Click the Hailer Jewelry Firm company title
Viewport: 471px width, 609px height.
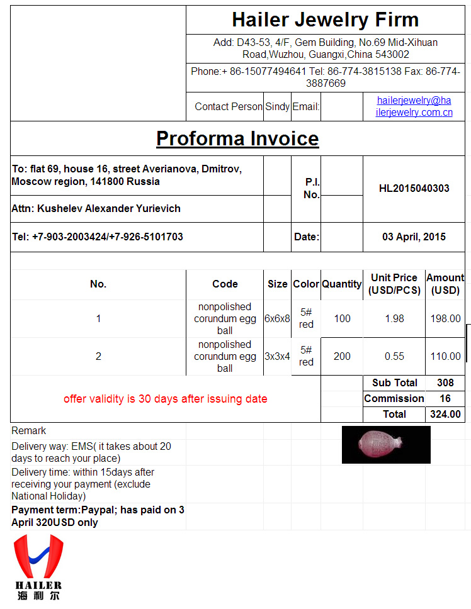coord(325,20)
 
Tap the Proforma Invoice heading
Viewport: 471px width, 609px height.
coord(237,138)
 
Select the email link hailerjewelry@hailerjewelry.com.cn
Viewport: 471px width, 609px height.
coord(414,106)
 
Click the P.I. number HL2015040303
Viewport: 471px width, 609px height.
coord(414,188)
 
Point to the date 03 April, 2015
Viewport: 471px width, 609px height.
coord(414,237)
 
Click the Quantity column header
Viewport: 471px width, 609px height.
coord(342,284)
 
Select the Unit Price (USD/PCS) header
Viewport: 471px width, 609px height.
coord(394,284)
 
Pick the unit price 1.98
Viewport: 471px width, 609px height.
coord(394,318)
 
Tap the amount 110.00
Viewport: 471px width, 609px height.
coord(445,356)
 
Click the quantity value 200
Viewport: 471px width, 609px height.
coord(342,356)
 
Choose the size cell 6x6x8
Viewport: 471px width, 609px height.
coord(277,318)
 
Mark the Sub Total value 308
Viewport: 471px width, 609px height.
coord(445,383)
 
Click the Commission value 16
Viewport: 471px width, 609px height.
coord(445,398)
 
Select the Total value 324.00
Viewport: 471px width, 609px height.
coord(445,414)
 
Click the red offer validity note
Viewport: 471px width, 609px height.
coord(165,399)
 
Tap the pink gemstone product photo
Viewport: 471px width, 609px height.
coord(386,444)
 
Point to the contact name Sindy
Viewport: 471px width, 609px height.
coord(277,106)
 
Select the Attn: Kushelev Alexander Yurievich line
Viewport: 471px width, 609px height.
coord(96,208)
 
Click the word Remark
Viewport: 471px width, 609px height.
coord(29,431)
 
